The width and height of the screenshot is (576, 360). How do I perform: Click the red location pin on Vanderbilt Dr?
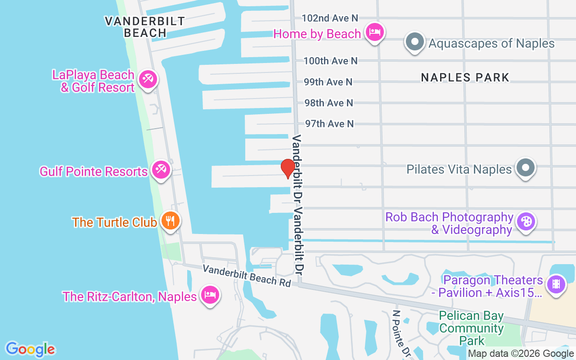click(288, 168)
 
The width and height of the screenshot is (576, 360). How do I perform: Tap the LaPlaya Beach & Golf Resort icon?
click(147, 80)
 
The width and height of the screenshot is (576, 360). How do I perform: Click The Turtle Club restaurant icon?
click(170, 221)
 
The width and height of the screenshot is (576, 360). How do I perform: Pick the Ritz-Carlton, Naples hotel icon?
click(210, 295)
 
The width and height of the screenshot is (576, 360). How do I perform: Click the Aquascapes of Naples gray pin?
click(415, 43)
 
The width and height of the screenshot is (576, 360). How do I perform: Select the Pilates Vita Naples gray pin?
click(525, 168)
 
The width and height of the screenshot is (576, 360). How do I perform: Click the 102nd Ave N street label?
click(330, 18)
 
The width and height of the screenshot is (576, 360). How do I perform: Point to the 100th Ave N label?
click(330, 61)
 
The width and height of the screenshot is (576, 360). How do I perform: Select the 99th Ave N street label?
click(328, 82)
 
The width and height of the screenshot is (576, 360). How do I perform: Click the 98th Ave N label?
click(329, 103)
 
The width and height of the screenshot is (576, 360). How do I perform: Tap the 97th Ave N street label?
click(329, 123)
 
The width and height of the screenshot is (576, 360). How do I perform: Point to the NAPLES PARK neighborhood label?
click(465, 77)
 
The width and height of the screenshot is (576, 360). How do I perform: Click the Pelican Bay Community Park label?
click(471, 328)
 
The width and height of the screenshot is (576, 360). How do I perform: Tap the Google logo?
click(30, 349)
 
